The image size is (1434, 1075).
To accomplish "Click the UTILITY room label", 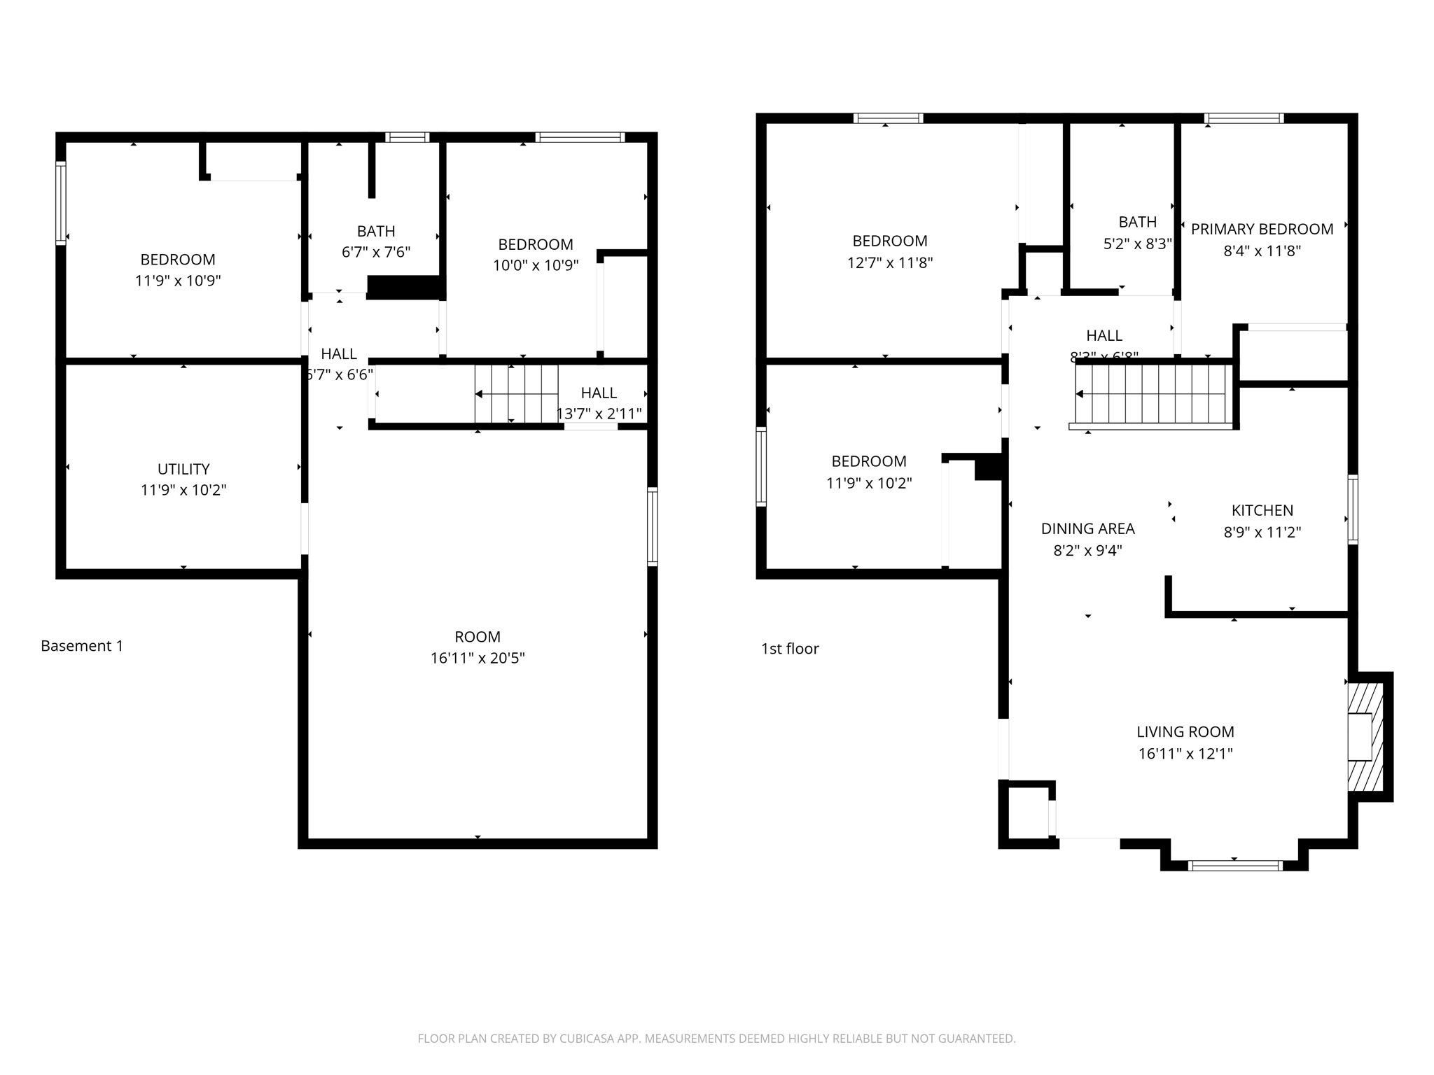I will click(x=183, y=469).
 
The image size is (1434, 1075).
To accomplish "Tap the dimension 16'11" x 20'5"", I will click(x=478, y=658).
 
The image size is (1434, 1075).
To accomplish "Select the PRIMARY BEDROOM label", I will click(x=1262, y=229).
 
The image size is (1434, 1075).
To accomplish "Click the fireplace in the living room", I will click(x=1365, y=737).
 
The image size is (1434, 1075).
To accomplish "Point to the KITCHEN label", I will click(x=1262, y=510).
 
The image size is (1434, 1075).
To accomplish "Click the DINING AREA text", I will click(x=1087, y=528).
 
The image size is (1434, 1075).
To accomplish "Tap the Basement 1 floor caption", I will click(x=82, y=646).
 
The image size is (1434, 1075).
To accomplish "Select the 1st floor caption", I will click(x=790, y=649).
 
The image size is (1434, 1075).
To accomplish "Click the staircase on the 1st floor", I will click(x=1153, y=395).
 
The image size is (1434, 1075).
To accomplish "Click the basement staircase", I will click(x=517, y=394).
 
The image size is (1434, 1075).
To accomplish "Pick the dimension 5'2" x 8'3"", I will click(x=1137, y=244).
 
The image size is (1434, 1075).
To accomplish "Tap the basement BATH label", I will click(x=376, y=231).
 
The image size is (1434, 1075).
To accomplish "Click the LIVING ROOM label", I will click(x=1185, y=732).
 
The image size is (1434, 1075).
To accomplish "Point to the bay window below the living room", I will click(x=1235, y=866).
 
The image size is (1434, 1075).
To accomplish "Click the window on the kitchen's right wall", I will click(x=1353, y=510).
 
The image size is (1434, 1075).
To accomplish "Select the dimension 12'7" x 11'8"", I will click(x=889, y=262).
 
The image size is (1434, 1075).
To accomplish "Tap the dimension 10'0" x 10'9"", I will click(x=536, y=266).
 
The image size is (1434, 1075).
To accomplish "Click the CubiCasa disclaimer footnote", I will click(x=716, y=1039).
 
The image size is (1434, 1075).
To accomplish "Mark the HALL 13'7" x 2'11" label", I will click(x=599, y=403).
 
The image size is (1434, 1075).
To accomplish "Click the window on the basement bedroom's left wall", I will click(x=61, y=203).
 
